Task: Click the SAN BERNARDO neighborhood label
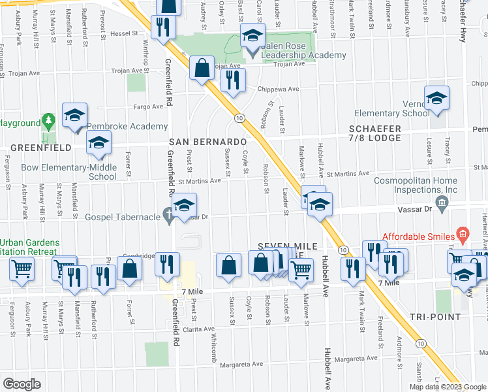[x=207, y=142]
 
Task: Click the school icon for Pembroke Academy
[x=75, y=115]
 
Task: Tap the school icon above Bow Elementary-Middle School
[x=99, y=142]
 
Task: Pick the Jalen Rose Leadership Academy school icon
[x=251, y=35]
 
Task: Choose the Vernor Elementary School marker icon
[x=436, y=99]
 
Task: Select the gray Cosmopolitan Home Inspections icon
[x=443, y=204]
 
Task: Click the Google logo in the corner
[x=22, y=384]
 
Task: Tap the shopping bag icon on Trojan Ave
[x=202, y=67]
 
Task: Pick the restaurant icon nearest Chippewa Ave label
[x=232, y=80]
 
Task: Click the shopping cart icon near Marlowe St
[x=301, y=269]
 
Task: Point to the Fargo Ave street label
[x=147, y=106]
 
